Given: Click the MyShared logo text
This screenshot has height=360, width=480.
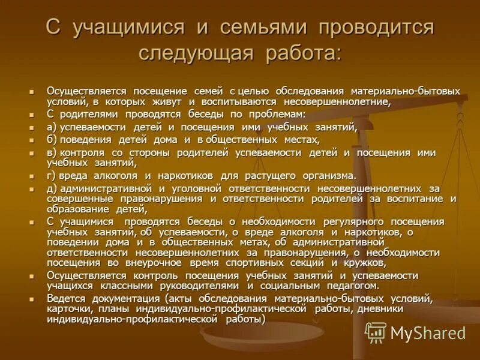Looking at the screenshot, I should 428,333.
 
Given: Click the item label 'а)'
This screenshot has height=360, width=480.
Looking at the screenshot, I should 52,127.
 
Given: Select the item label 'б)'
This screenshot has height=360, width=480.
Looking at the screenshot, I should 52,139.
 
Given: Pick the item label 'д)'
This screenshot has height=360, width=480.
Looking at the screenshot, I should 52,188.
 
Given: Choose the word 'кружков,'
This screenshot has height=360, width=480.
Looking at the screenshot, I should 365,262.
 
